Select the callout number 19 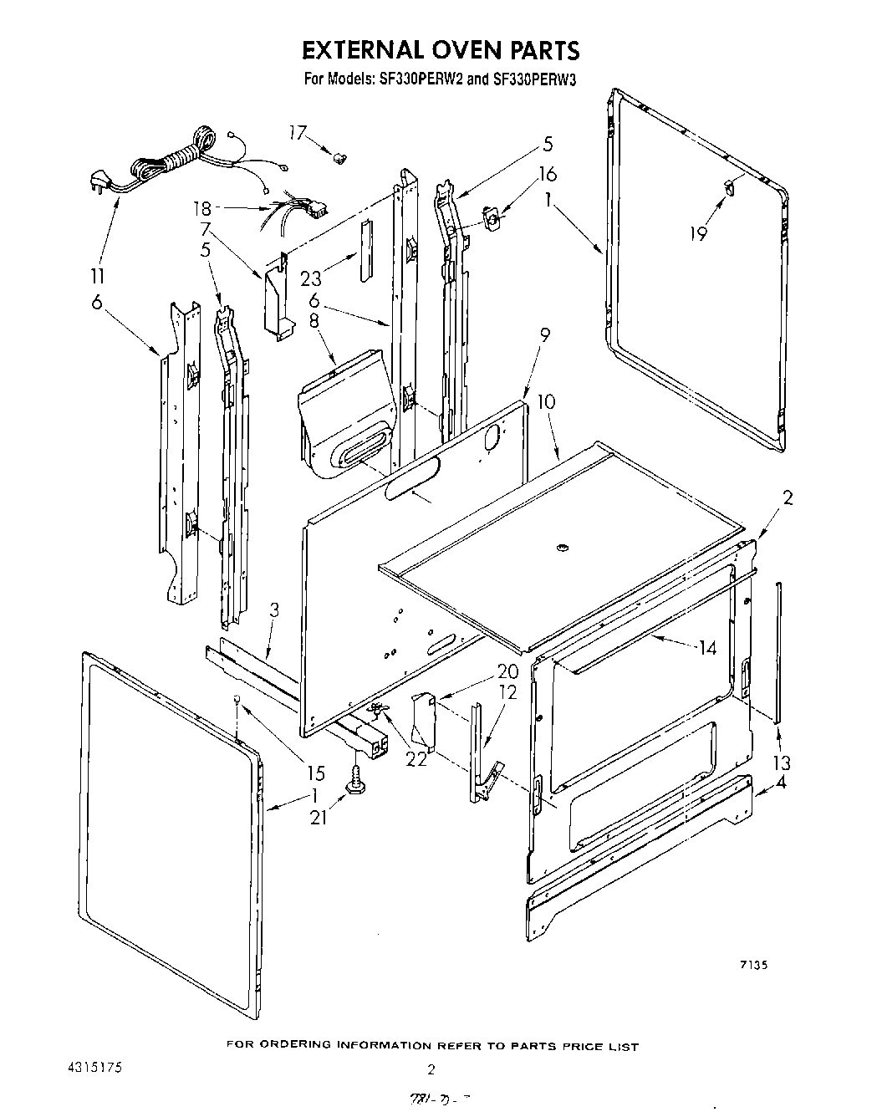(x=698, y=234)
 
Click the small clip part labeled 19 (x=730, y=188)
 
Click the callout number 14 (x=707, y=647)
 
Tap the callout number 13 (x=783, y=763)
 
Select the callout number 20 (x=507, y=671)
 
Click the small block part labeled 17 (x=339, y=156)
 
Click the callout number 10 (x=546, y=402)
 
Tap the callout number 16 (x=548, y=175)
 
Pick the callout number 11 (x=99, y=277)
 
